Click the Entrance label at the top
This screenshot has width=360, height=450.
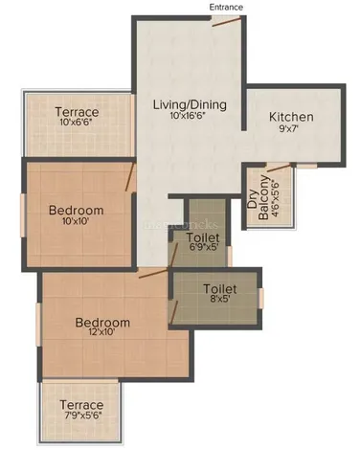(x=226, y=7)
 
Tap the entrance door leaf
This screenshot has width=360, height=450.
(x=227, y=22)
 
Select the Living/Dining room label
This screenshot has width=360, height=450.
(x=190, y=104)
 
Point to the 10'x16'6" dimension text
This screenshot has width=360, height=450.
(x=187, y=116)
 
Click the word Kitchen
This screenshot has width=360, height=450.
(x=291, y=117)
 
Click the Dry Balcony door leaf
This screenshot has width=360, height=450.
(x=279, y=168)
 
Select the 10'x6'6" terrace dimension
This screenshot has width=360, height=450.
(x=76, y=122)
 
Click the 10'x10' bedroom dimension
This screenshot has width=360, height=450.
(x=76, y=221)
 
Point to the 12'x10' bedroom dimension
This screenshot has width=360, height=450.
(x=102, y=332)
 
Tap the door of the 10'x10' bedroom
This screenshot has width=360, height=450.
(x=129, y=177)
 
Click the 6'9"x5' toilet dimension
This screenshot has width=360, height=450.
(x=203, y=248)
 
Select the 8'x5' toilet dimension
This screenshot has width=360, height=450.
(x=219, y=299)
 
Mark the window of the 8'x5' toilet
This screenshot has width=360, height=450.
(x=261, y=299)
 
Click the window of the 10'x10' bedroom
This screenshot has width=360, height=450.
(x=23, y=215)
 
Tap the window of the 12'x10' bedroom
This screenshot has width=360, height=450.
(x=38, y=325)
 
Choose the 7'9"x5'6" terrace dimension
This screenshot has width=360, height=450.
(x=81, y=416)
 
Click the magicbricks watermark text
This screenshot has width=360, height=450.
(x=181, y=225)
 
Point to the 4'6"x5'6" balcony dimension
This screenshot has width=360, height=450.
(x=275, y=198)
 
